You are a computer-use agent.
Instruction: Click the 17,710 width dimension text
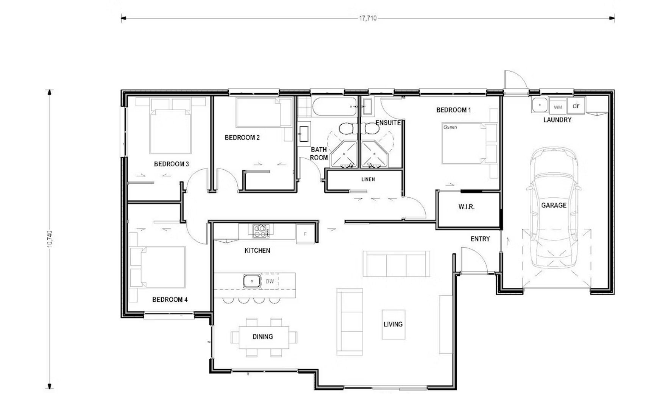(x=368, y=18)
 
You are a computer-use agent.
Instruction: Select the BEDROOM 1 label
(x=453, y=110)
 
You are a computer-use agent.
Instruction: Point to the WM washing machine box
(x=558, y=106)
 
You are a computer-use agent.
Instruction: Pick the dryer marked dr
(x=576, y=105)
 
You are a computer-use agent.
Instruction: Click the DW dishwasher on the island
(x=270, y=281)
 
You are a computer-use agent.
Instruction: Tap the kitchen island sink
(x=251, y=281)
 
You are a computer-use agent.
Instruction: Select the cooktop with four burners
(x=261, y=231)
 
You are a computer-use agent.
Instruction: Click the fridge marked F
(x=305, y=234)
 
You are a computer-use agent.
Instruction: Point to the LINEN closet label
(x=368, y=180)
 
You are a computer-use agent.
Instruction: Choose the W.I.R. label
(x=466, y=207)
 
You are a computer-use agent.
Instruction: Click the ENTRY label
(x=480, y=239)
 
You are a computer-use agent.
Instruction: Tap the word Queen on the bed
(x=450, y=127)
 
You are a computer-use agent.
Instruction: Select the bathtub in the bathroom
(x=334, y=107)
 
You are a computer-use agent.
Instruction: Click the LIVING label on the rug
(x=393, y=324)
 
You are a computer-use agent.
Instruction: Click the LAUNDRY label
(x=557, y=120)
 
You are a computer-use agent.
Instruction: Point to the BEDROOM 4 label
(x=170, y=300)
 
